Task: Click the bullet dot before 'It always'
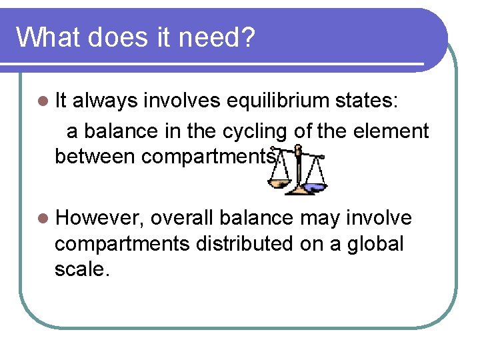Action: coord(44,101)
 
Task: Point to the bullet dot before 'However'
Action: coord(44,218)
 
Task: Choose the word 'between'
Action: coord(95,157)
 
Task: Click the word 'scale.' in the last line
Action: coord(80,270)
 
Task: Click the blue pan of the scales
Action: coord(315,187)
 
